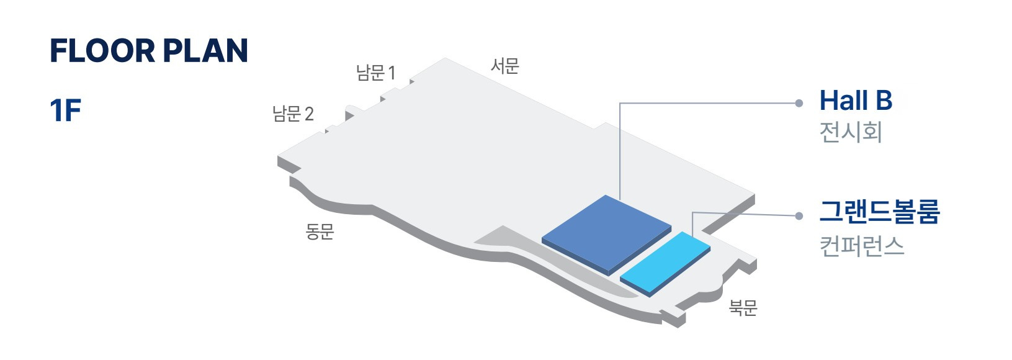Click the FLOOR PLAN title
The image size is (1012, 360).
(x=149, y=51)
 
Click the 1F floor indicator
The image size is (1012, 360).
(x=65, y=111)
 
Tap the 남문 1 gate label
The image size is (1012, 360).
(x=375, y=73)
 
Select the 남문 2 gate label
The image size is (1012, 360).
(x=293, y=114)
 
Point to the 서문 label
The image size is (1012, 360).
(x=504, y=66)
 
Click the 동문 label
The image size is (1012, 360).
(x=320, y=232)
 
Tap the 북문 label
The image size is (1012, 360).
(x=743, y=307)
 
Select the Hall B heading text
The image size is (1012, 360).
(x=856, y=101)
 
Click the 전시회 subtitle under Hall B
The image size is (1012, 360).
(x=850, y=132)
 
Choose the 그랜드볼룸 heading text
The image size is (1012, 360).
(x=879, y=212)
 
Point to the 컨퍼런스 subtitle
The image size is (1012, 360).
(x=862, y=246)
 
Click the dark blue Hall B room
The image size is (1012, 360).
(x=606, y=233)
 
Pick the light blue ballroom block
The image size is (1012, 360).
(x=665, y=262)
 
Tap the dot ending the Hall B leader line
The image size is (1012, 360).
(x=799, y=103)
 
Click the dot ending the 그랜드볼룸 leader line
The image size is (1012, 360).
(x=799, y=216)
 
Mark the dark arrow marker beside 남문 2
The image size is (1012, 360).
(x=349, y=115)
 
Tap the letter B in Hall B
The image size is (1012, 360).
(x=884, y=101)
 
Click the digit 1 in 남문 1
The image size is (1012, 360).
(x=392, y=73)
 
